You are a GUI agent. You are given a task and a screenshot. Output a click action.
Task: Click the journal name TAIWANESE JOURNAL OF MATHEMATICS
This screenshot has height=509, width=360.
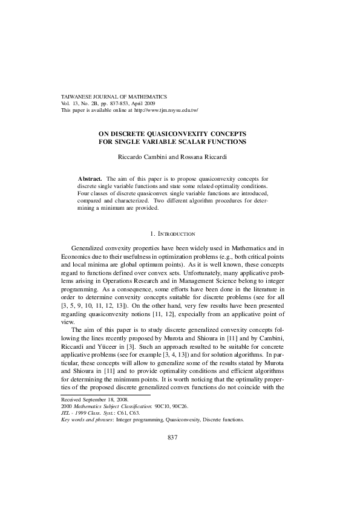[114, 97]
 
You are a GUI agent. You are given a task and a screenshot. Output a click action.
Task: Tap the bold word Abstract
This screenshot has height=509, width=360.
[90, 179]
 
